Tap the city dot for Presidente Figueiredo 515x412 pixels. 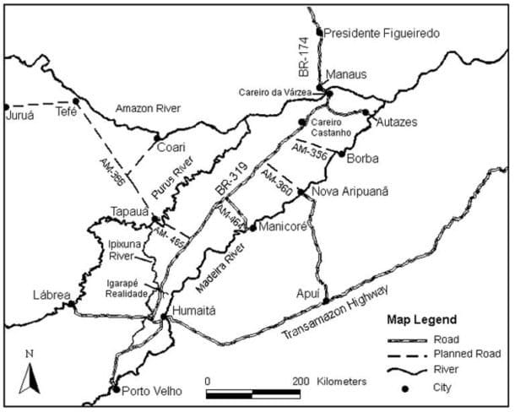point(319,32)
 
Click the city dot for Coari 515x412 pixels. point(156,136)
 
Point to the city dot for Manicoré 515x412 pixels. point(252,227)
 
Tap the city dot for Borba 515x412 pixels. point(340,154)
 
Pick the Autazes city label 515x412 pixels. point(393,122)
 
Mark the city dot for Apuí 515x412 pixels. point(325,300)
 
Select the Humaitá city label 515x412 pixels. point(193,311)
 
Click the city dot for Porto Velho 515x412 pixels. point(115,389)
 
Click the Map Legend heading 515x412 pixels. point(421,321)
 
